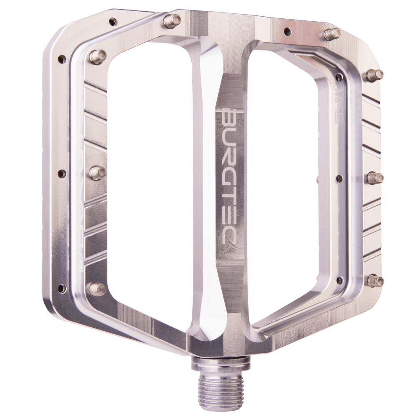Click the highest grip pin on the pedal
[x=171, y=20]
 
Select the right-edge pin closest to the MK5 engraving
[x=374, y=75]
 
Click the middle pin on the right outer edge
[x=374, y=178]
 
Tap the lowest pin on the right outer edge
[x=375, y=281]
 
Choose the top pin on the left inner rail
[x=98, y=56]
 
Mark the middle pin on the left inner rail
[x=97, y=172]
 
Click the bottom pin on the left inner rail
[x=97, y=289]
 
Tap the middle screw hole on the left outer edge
[x=62, y=173]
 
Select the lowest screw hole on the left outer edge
[x=62, y=288]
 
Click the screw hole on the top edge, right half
[x=287, y=31]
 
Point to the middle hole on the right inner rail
[x=339, y=178]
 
